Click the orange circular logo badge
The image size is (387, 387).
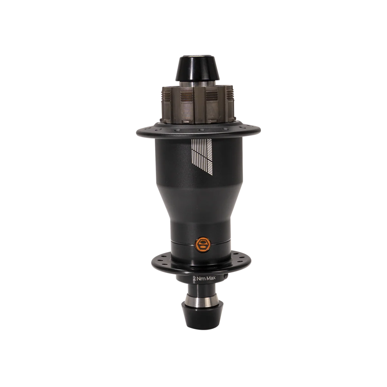[x=202, y=244]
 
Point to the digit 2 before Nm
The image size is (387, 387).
[x=194, y=279]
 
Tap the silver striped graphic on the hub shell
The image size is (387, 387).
[x=202, y=157]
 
